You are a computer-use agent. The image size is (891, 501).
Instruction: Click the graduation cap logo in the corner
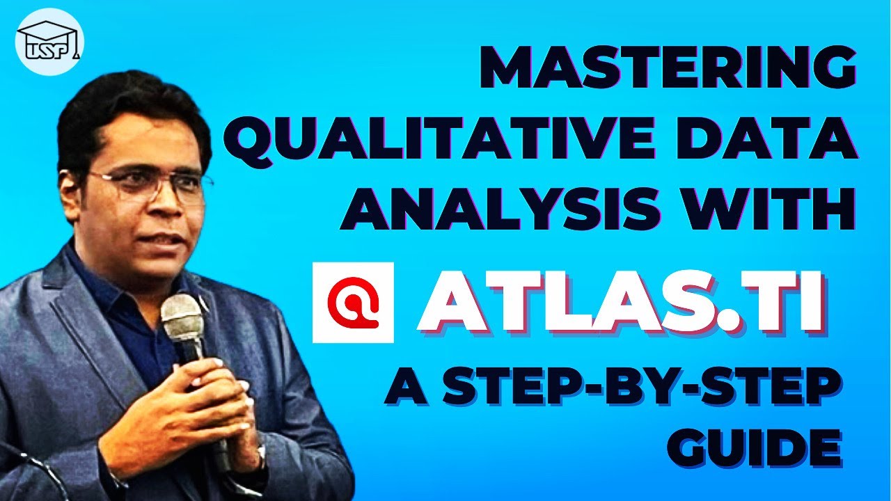[49, 42]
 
